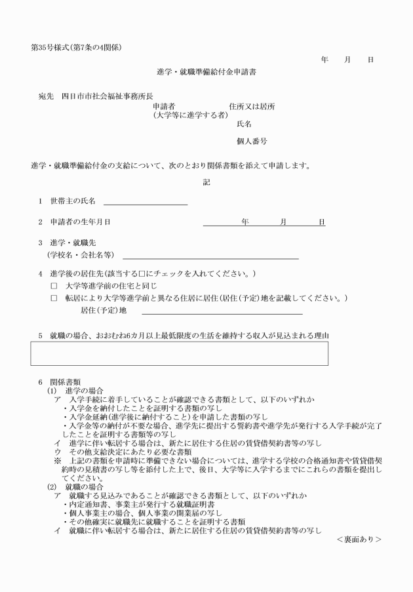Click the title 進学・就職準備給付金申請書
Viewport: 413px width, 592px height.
coord(206,72)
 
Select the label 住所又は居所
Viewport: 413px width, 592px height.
coord(252,106)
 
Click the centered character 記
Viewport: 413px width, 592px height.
coord(206,182)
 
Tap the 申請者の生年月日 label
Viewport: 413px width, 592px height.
coord(79,222)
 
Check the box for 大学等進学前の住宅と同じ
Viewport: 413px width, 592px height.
coord(54,286)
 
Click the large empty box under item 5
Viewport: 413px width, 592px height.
coord(179,353)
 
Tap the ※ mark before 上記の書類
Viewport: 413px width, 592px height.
coord(58,461)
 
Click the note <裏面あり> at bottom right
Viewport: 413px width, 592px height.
coord(359,539)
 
